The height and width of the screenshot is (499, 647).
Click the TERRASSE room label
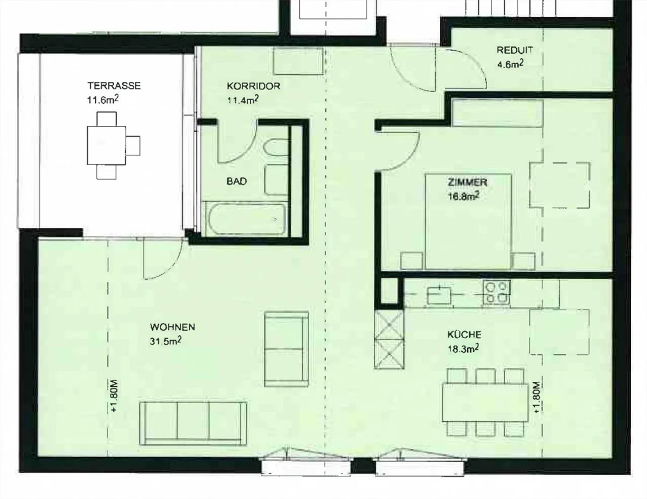[x=114, y=86]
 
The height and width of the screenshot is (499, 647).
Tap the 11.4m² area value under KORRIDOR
[x=243, y=100]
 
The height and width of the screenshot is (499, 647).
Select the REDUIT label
[x=514, y=50]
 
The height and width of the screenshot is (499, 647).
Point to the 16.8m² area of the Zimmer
[x=464, y=196]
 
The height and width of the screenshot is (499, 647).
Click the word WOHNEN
[x=173, y=327]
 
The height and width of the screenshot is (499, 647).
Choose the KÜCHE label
[x=464, y=335]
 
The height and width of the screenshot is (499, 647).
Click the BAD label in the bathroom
[x=237, y=181]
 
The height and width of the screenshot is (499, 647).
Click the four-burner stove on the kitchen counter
[x=496, y=292]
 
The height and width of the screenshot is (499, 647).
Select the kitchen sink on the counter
[x=439, y=295]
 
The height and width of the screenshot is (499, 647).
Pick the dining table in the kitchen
[x=485, y=402]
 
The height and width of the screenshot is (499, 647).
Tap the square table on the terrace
[x=106, y=146]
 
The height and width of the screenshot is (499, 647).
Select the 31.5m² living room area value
[x=165, y=341]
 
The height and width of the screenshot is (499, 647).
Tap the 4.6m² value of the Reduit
[x=510, y=64]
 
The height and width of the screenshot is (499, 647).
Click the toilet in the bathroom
[x=276, y=148]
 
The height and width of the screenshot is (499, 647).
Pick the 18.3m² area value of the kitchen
[x=463, y=349]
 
